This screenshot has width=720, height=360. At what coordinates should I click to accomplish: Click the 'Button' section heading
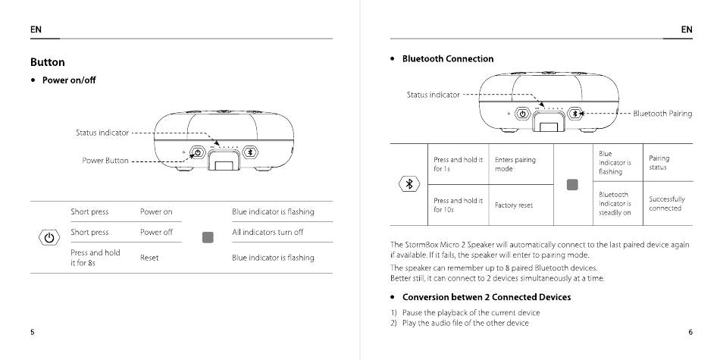click(x=48, y=62)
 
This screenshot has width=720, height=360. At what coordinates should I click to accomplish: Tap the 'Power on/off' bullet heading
click(x=69, y=80)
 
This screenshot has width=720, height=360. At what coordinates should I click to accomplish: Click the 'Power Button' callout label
click(x=105, y=161)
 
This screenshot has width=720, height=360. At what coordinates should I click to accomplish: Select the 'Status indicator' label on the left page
click(x=102, y=133)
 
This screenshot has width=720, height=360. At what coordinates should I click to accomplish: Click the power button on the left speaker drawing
click(x=197, y=152)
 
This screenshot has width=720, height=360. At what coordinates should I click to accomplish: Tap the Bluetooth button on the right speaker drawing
click(x=574, y=113)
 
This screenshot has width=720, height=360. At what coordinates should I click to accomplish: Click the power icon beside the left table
click(x=49, y=237)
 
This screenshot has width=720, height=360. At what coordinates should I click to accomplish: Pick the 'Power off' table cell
click(x=156, y=233)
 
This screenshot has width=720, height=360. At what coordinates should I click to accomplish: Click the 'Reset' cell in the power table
click(x=149, y=258)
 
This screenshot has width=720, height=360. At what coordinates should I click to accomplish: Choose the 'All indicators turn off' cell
click(x=268, y=233)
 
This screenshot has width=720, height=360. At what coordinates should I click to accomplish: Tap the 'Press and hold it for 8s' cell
click(x=95, y=257)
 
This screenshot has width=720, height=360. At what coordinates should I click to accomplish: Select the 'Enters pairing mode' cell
click(x=515, y=164)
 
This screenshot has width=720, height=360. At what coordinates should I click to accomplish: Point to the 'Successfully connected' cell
click(x=667, y=203)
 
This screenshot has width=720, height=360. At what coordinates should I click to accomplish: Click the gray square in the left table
click(x=208, y=237)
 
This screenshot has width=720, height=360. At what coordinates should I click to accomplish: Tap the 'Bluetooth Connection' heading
click(x=447, y=59)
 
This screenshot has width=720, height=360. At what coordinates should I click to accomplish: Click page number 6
click(x=690, y=332)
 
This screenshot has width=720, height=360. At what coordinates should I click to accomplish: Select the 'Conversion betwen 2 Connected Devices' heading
click(x=487, y=297)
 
